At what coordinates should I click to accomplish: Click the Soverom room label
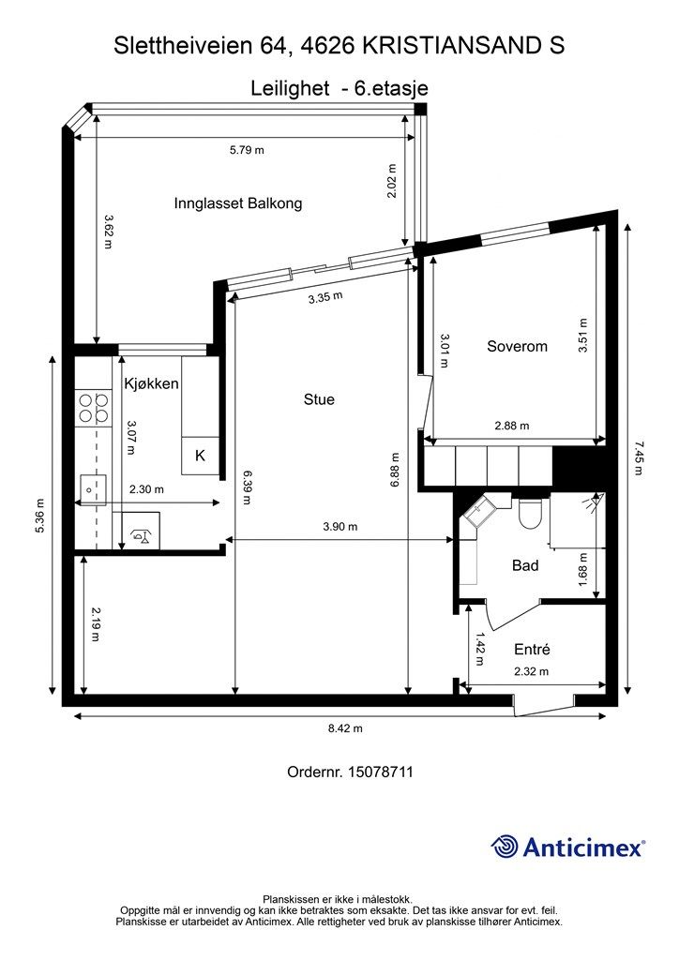point(517,347)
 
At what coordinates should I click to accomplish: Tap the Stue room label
point(319,399)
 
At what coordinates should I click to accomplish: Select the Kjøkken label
point(151,383)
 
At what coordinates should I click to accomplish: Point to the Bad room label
point(524,565)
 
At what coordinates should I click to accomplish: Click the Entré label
point(532,649)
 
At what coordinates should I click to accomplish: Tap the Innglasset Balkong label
point(238,203)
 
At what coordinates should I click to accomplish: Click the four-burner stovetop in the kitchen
point(93,409)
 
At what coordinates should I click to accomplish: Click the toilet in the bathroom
point(528,513)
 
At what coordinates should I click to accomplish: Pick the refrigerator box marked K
point(200,456)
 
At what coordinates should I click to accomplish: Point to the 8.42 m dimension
point(345,728)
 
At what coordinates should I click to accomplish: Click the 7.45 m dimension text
point(639,458)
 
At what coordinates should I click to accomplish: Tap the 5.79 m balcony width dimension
point(247,150)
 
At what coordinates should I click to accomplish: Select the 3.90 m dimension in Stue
point(340,527)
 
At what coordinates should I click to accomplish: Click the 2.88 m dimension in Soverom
point(512,426)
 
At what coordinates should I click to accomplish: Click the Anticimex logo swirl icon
point(505,847)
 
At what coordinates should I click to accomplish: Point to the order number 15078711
point(380,772)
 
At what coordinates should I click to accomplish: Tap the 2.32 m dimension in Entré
point(532,671)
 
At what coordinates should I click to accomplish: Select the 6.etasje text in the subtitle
point(392,89)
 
